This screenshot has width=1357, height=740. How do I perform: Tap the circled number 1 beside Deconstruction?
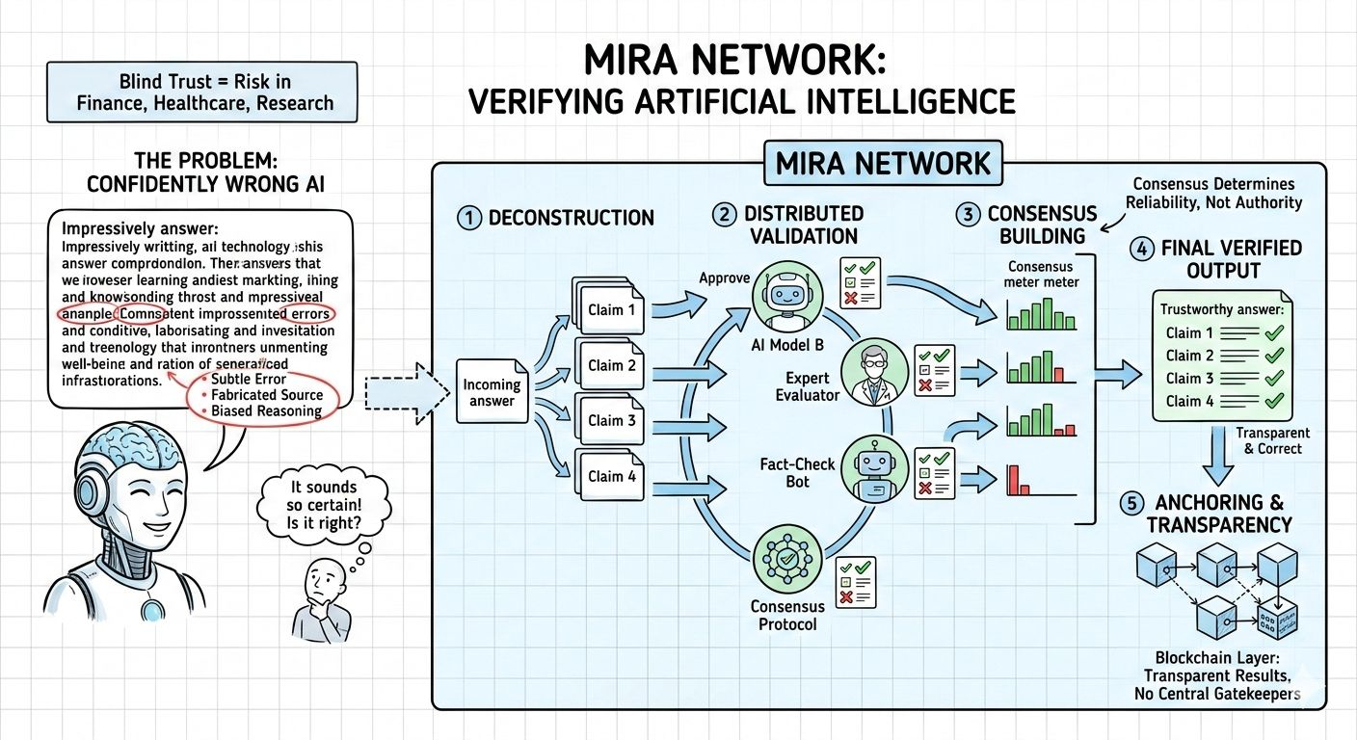coord(469,218)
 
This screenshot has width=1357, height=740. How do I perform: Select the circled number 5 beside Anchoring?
coord(1133,503)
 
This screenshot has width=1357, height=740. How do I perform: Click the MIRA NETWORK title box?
coord(883,162)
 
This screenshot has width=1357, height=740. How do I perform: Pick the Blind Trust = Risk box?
coord(201,92)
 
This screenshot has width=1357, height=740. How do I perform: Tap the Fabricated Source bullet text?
coord(267,395)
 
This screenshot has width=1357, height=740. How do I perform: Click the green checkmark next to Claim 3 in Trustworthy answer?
coord(1274,378)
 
